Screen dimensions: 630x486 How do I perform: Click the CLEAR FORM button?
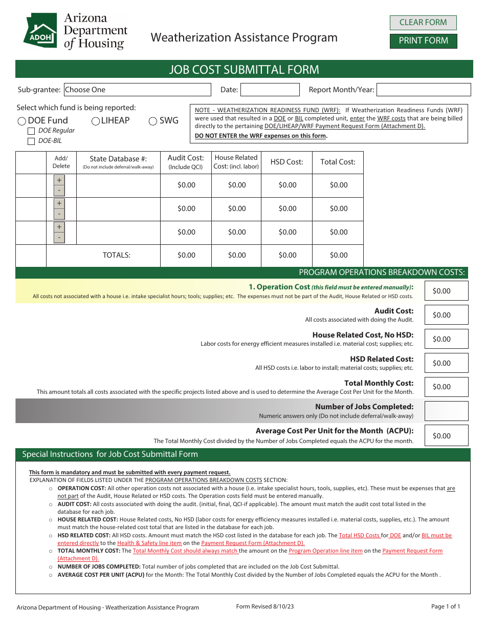click(x=423, y=23)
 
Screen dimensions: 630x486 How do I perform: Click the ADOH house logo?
click(x=40, y=30)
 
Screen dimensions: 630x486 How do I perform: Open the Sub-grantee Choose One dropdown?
click(x=137, y=90)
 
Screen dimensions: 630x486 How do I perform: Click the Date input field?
click(x=270, y=90)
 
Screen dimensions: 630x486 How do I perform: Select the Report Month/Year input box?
click(x=423, y=90)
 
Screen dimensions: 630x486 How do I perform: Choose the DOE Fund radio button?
click(x=22, y=121)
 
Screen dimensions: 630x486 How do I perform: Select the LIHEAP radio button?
click(x=96, y=121)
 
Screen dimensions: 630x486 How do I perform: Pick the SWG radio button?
click(x=152, y=121)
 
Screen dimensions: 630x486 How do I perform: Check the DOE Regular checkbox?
click(x=31, y=131)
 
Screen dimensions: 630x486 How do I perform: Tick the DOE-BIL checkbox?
click(x=31, y=141)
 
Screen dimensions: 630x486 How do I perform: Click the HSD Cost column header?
click(x=286, y=162)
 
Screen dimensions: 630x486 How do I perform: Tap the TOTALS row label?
click(x=117, y=255)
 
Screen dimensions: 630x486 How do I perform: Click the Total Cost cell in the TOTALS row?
click(x=338, y=255)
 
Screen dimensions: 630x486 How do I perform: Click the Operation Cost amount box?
click(x=446, y=290)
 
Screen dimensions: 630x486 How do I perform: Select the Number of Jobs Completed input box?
click(x=446, y=411)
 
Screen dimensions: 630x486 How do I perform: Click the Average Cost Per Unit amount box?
click(x=446, y=435)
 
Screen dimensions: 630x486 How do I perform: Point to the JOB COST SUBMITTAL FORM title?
click(x=244, y=69)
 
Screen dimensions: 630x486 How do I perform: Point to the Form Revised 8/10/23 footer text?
click(x=265, y=606)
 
